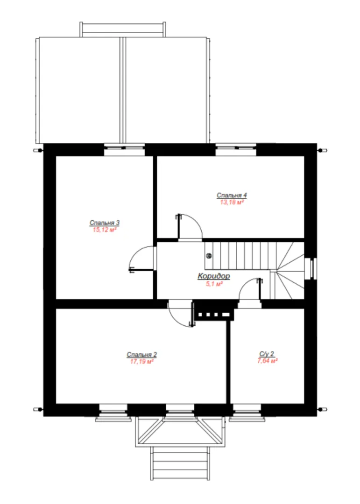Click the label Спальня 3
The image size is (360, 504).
point(105,223)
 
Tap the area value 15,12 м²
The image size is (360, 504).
point(105,230)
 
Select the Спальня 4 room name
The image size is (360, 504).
point(232,196)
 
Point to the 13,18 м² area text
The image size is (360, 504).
point(232,203)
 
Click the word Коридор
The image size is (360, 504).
point(214,276)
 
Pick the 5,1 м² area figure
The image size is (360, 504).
point(214,284)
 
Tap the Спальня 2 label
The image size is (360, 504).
point(141,355)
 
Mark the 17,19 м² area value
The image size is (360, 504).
point(141,362)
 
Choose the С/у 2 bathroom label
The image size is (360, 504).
point(267,354)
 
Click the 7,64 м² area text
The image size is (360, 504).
point(268,361)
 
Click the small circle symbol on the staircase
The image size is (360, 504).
point(209,256)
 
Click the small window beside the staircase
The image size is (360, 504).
point(311,268)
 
